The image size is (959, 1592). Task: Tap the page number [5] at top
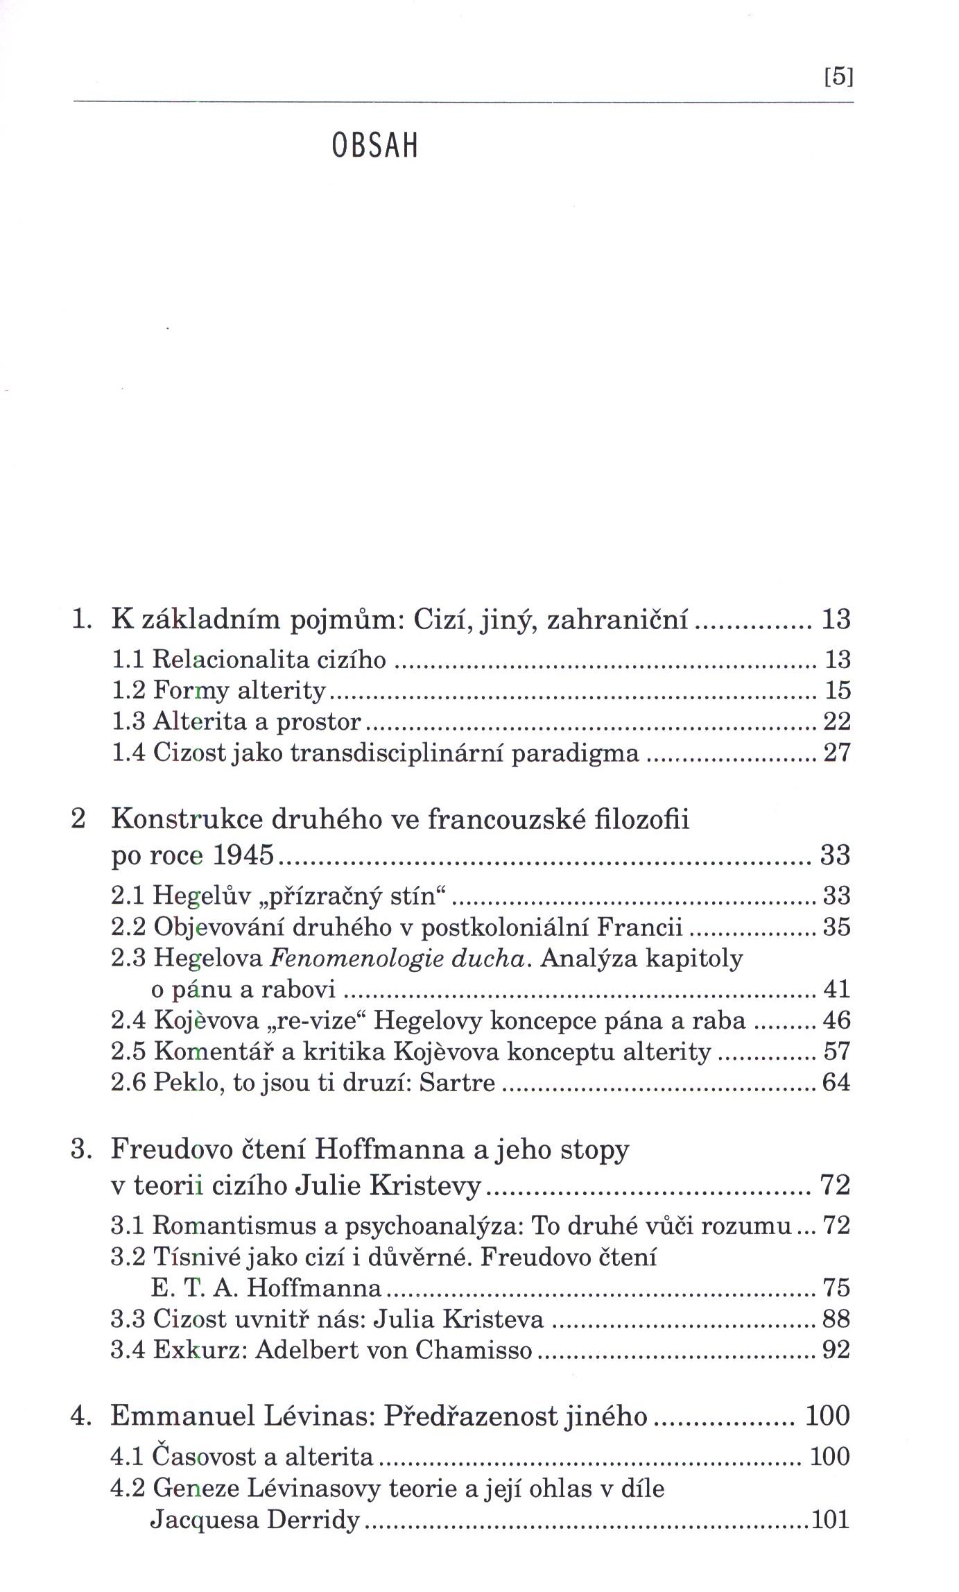(838, 76)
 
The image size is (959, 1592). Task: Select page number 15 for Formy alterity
(837, 690)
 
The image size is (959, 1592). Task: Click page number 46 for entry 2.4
(836, 1020)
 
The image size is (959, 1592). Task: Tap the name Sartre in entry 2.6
(463, 1083)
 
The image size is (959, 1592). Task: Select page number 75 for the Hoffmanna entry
(836, 1287)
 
